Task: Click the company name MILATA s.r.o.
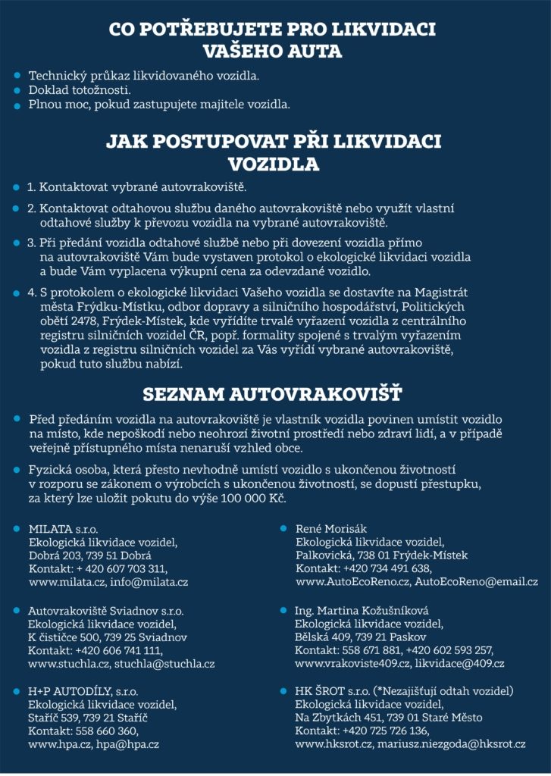tap(63, 528)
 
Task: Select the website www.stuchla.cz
tap(69, 663)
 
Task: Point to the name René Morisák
tap(329, 528)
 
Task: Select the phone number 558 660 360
tap(107, 731)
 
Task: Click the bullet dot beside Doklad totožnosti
tap(17, 90)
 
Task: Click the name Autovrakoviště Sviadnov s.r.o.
tap(105, 610)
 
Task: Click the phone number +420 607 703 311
tap(121, 568)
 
